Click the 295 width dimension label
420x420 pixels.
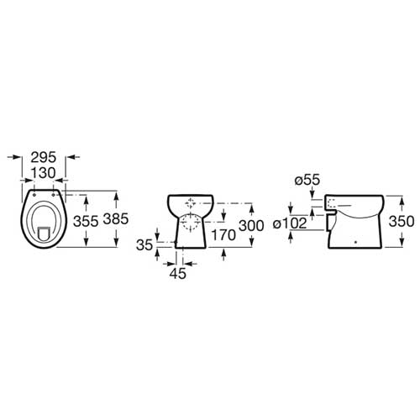[x=44, y=157]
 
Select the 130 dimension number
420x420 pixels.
[x=44, y=173]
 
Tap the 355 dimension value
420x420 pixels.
[x=86, y=221]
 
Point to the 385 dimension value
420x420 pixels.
[x=116, y=218]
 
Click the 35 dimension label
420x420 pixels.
[x=144, y=245]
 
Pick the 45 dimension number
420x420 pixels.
[x=178, y=273]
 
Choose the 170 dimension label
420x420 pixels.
[x=223, y=235]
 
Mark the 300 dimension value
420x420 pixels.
[x=251, y=226]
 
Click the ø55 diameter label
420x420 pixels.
[x=307, y=180]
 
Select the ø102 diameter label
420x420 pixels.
[x=290, y=223]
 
